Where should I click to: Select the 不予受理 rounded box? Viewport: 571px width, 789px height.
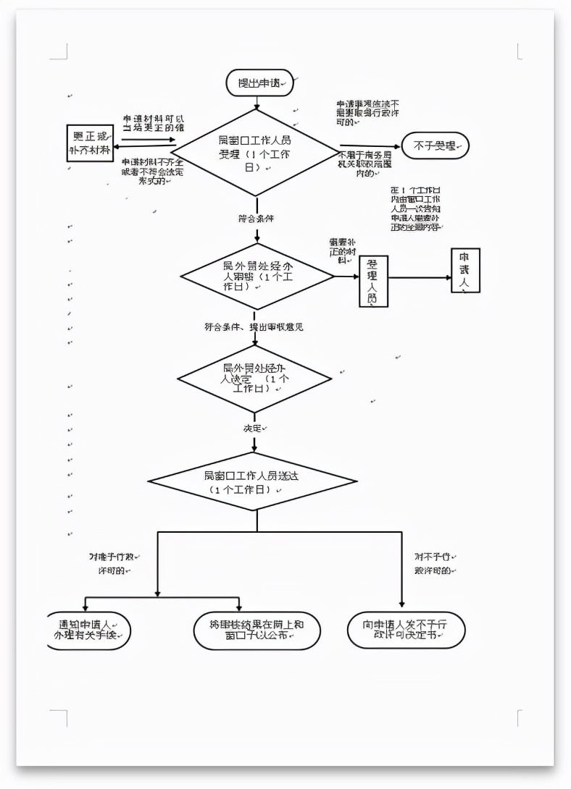[435, 146]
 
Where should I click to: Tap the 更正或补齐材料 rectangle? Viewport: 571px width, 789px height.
[90, 143]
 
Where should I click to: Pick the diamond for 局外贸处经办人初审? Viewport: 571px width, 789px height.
[257, 276]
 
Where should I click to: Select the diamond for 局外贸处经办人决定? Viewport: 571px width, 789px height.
[254, 379]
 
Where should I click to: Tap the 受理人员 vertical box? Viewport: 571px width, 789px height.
[373, 280]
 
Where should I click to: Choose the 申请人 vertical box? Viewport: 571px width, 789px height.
[465, 271]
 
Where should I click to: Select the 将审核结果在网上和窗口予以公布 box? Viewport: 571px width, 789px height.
[257, 630]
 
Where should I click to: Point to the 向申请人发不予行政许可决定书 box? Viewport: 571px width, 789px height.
[406, 630]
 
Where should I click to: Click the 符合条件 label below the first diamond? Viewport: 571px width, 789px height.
[256, 218]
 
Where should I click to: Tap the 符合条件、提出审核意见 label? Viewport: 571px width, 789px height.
[254, 327]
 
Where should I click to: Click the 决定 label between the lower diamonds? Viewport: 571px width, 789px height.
[254, 429]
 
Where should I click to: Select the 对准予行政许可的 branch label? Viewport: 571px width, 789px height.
[112, 564]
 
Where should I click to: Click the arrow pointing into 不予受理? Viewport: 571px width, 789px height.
[370, 146]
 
